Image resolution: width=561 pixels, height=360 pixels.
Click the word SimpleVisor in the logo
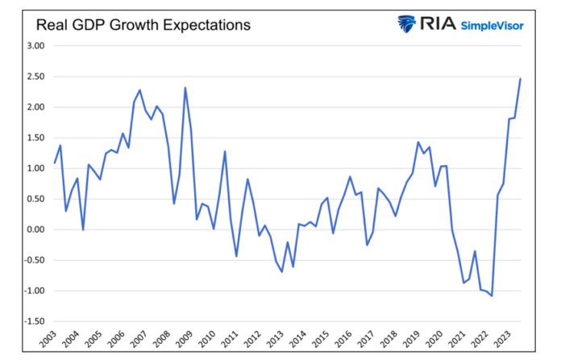point(492,26)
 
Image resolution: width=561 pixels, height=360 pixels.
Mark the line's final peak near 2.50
point(521,78)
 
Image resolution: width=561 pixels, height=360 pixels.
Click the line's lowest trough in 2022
point(492,296)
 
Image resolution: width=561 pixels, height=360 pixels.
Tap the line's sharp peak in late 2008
point(185,88)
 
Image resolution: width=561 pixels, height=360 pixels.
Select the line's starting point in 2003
point(54,163)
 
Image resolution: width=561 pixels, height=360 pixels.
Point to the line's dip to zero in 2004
point(83,230)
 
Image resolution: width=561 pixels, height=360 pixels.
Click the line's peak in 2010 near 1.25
point(225,151)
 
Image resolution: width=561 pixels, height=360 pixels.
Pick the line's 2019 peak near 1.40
point(418,143)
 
